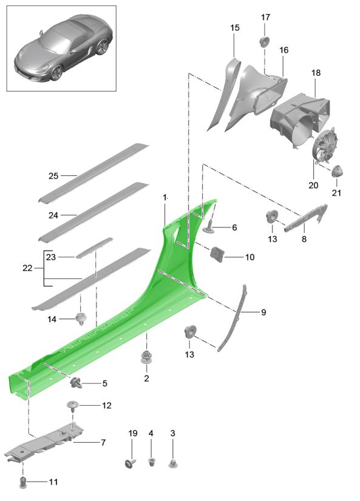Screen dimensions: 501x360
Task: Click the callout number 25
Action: pos(54,177)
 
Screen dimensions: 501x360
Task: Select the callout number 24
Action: pos(54,214)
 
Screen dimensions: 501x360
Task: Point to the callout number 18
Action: pos(316,73)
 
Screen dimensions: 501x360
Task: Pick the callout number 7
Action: pos(103,443)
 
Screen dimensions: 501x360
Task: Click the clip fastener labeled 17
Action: pos(265,41)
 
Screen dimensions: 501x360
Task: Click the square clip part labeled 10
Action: pos(216,254)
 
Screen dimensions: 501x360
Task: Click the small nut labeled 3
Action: pos(173,464)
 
